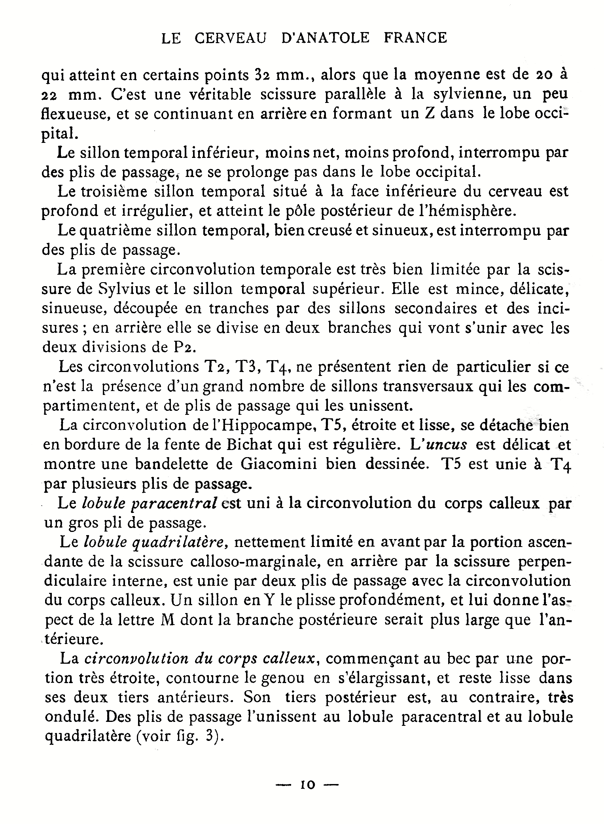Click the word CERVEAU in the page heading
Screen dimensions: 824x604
click(x=231, y=38)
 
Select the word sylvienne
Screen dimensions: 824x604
click(x=477, y=94)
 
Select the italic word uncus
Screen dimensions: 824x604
click(x=446, y=445)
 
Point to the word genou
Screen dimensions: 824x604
click(x=282, y=678)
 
